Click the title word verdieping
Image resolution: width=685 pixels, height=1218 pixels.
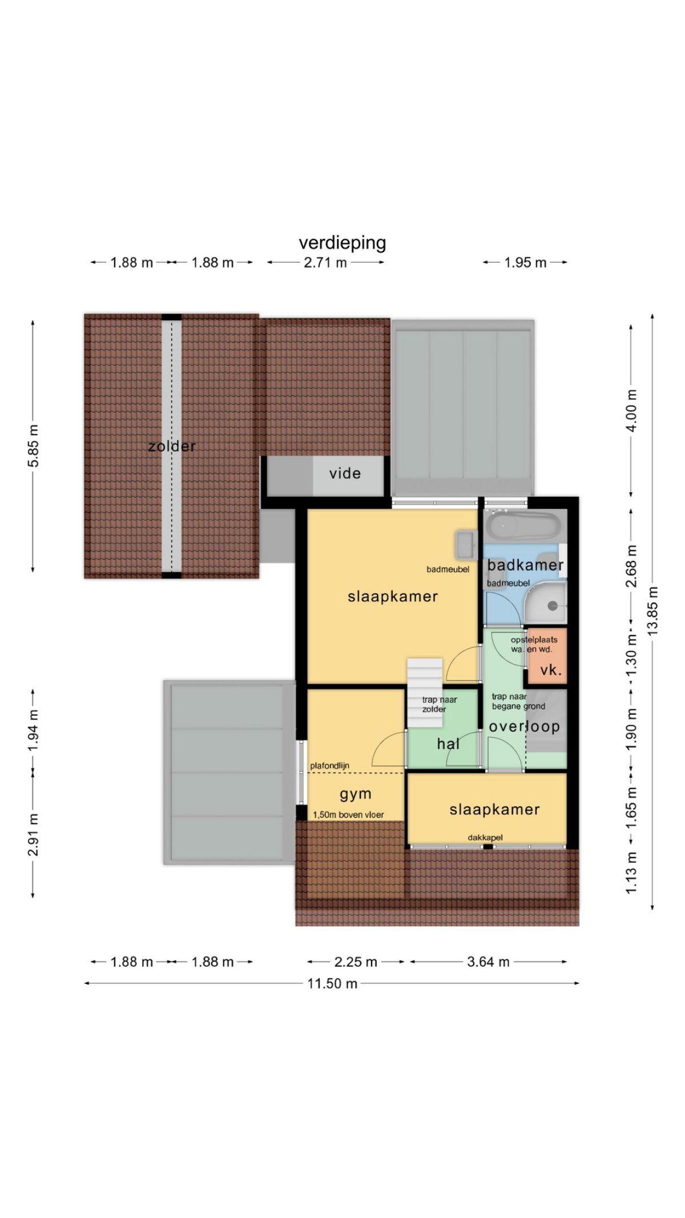pos(342,243)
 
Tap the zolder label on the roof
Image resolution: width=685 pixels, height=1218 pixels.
pos(172,446)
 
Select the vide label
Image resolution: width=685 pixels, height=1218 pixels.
pos(345,473)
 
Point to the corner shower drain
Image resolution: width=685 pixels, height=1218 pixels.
pos(553,606)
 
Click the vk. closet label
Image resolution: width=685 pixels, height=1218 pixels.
pos(551,670)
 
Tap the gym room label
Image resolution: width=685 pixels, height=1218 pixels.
pos(356,794)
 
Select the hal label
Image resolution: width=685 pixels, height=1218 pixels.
pos(448,743)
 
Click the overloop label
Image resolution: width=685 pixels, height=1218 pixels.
pos(524,726)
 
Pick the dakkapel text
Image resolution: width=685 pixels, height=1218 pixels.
pos(485,838)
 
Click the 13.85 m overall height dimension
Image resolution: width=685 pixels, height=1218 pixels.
pos(653,609)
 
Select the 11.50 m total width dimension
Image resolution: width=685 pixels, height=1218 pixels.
pos(332,983)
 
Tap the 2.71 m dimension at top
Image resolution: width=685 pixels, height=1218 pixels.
pos(325,263)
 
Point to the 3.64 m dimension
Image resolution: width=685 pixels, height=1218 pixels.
pos(488,962)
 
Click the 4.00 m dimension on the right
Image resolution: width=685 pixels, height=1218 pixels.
pos(631,411)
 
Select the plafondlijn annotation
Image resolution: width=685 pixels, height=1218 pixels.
pos(330,766)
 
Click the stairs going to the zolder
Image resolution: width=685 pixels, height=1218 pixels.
pos(425,693)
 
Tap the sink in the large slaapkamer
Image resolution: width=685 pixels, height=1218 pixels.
pos(466,545)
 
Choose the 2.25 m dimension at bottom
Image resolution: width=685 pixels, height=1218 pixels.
pos(356,962)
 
